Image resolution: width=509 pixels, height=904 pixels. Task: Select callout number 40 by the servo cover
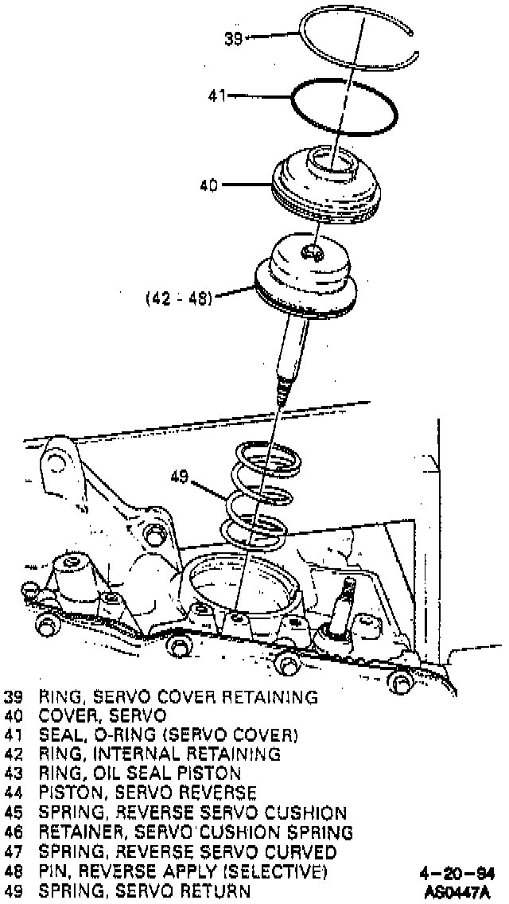click(209, 185)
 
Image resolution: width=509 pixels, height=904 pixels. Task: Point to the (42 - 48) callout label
click(178, 300)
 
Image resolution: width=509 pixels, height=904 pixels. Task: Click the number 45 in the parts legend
click(14, 812)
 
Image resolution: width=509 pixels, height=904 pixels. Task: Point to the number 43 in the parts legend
click(14, 773)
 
